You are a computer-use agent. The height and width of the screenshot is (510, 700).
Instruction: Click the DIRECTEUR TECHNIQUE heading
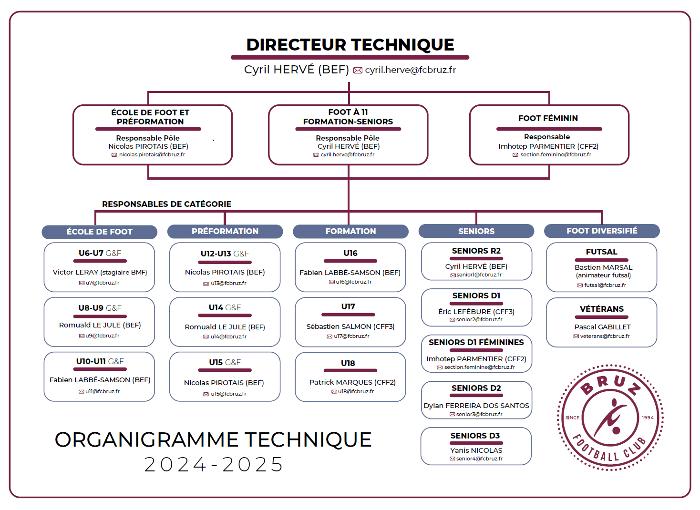[x=350, y=45]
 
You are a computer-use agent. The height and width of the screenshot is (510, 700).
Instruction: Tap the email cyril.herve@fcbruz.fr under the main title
[x=410, y=70]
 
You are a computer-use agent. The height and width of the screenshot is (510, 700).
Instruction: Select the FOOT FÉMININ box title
[x=548, y=118]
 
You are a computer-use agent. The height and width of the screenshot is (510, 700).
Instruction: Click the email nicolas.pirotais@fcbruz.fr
[x=152, y=154]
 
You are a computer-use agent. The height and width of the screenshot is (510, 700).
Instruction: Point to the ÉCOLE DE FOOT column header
[x=100, y=232]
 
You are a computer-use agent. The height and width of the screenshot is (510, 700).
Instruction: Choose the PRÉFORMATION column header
[x=225, y=231]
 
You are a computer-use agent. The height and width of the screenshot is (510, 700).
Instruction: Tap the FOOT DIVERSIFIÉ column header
[x=602, y=231]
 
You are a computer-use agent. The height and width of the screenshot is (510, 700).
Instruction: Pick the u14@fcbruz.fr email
[x=228, y=337]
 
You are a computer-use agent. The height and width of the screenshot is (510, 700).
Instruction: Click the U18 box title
[x=348, y=363]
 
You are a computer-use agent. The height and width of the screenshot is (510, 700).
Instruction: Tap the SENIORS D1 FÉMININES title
[x=476, y=342]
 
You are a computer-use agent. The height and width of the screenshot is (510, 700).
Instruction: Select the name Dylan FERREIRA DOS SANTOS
[x=476, y=406]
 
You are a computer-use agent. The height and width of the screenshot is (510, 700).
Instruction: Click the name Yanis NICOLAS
[x=476, y=450]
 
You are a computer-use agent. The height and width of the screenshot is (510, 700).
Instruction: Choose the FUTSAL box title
[x=601, y=252]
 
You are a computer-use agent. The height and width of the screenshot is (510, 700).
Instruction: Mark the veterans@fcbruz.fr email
[x=605, y=336]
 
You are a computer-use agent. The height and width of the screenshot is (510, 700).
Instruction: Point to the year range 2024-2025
[x=214, y=465]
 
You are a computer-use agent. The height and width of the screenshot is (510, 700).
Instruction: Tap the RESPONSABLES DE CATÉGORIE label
[x=166, y=204]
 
